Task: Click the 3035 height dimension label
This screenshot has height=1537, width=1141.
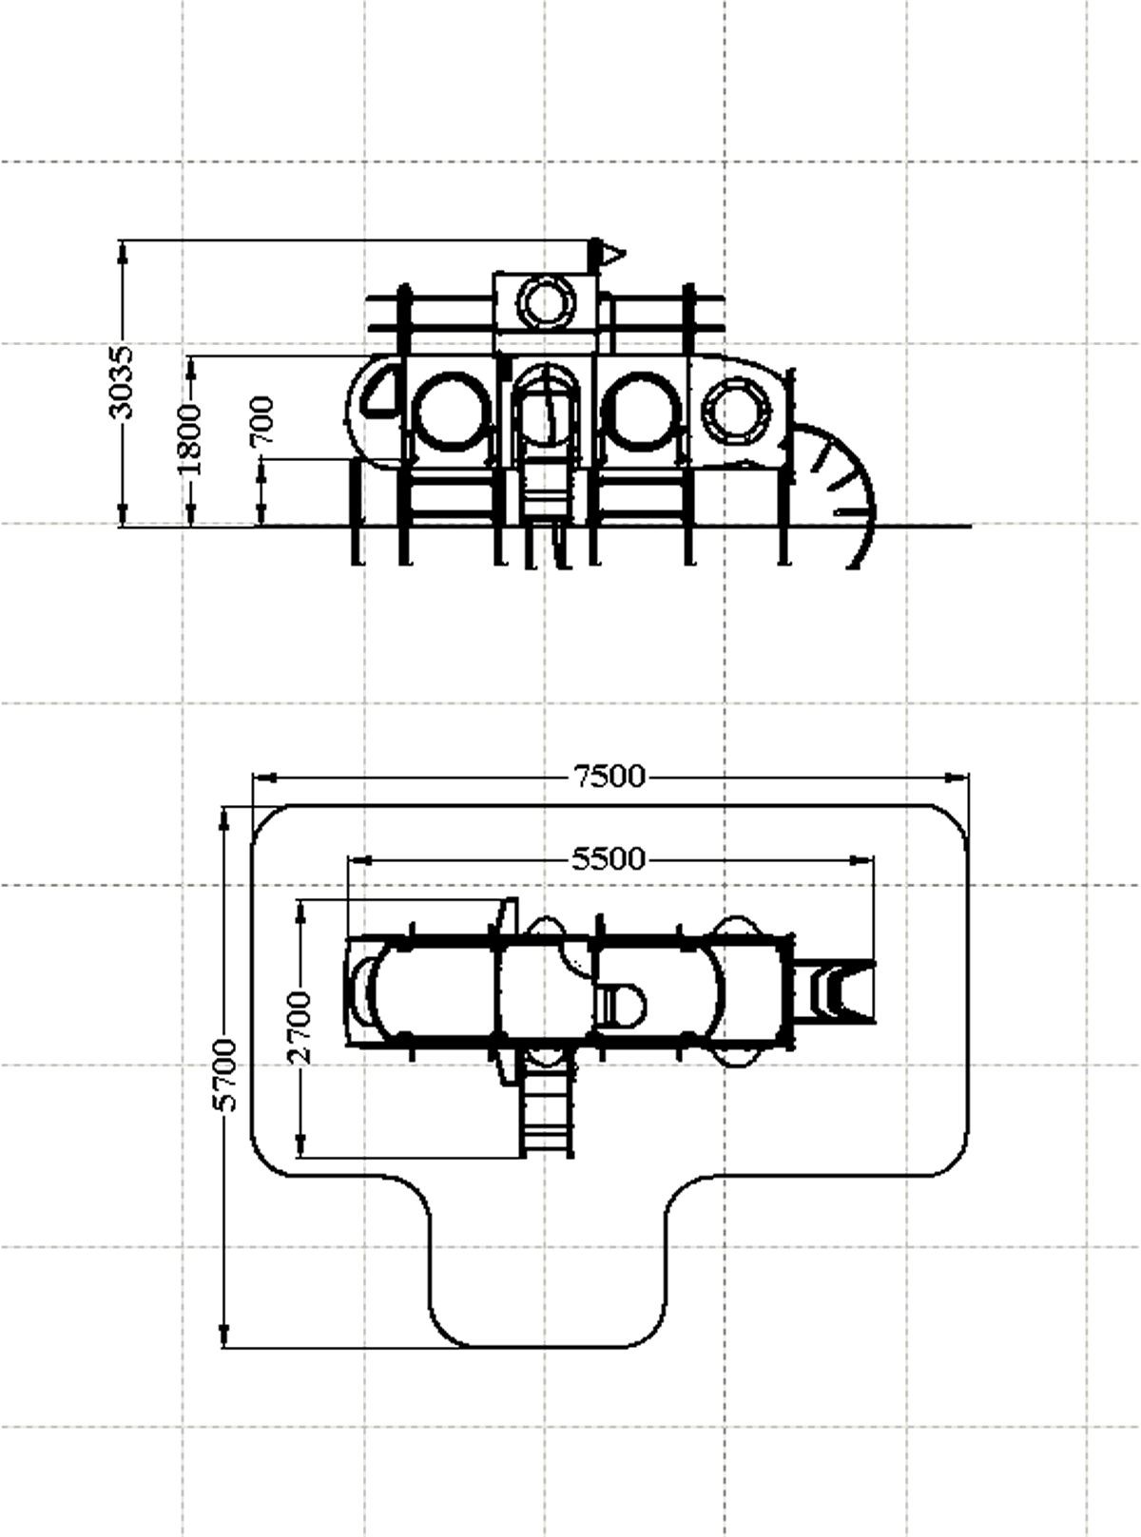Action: click(122, 382)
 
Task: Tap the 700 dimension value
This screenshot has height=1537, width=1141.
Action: click(262, 420)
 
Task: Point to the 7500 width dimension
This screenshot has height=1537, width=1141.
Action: click(610, 777)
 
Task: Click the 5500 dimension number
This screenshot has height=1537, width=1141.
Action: click(609, 859)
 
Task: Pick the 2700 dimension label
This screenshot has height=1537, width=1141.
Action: click(300, 1027)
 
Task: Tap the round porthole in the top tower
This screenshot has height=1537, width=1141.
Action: click(546, 303)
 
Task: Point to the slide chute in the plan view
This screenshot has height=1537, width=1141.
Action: click(834, 990)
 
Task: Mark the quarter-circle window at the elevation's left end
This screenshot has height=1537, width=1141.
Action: click(380, 390)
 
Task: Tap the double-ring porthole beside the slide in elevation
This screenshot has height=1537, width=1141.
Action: click(736, 410)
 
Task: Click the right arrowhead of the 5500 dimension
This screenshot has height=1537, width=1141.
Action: click(862, 860)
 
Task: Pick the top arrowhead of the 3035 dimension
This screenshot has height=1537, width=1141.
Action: click(123, 252)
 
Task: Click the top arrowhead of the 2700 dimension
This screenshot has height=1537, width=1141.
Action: click(300, 912)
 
